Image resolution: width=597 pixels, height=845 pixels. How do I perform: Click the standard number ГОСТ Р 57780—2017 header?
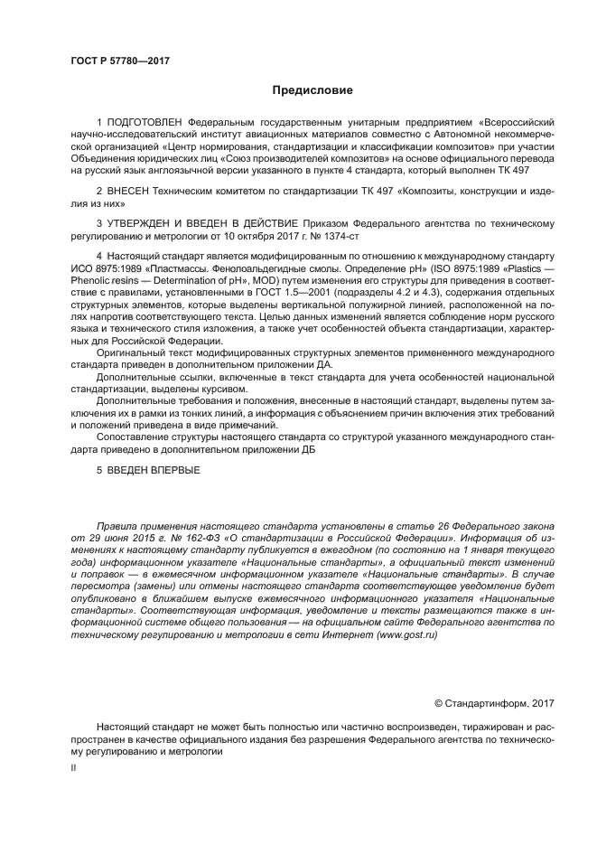click(119, 61)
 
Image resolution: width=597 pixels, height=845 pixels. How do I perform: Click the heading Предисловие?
click(312, 90)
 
